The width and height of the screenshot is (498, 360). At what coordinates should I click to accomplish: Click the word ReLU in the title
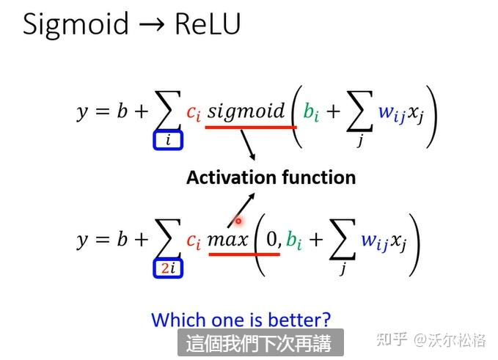tap(208, 26)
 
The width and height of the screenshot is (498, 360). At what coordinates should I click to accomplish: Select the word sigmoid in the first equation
tap(246, 111)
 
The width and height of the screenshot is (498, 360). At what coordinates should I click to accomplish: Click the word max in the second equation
tap(227, 240)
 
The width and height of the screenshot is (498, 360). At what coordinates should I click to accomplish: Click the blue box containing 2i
tap(168, 268)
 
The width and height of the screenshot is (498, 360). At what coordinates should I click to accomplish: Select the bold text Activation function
tap(271, 177)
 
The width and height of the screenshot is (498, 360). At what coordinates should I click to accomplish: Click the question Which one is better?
tap(241, 320)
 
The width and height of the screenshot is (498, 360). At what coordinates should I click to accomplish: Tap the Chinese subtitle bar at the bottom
tap(258, 342)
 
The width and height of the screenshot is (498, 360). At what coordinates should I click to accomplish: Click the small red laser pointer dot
tap(238, 220)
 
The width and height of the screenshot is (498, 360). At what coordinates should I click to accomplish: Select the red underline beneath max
tap(243, 254)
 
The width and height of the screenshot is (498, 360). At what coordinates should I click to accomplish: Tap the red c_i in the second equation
tap(193, 240)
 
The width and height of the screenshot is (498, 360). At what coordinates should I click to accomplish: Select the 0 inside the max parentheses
tap(273, 239)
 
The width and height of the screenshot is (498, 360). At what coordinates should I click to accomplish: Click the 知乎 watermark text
tap(391, 339)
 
